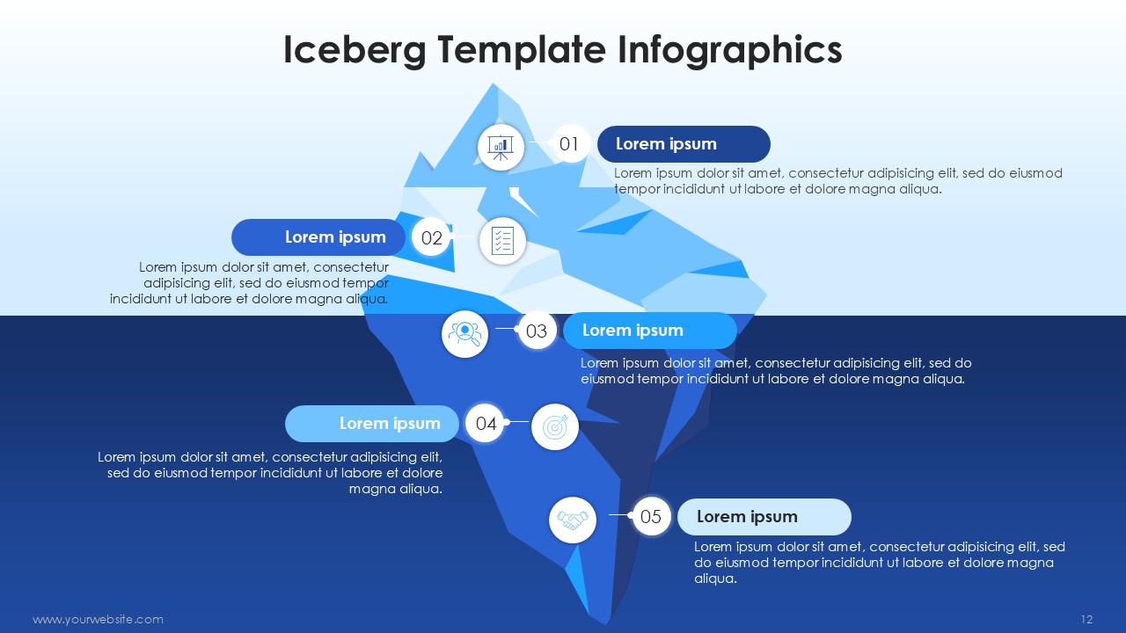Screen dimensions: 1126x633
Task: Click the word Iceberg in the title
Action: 355,50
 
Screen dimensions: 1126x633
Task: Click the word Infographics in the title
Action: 729,50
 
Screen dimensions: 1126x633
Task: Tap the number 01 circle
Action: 569,144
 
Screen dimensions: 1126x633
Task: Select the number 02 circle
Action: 431,237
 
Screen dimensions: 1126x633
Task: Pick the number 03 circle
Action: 537,331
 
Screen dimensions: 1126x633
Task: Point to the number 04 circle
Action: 486,424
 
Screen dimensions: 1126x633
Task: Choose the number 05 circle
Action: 651,516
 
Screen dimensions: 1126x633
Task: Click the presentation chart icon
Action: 501,148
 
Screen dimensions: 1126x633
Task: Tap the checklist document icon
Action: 502,241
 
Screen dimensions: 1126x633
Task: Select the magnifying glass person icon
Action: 465,334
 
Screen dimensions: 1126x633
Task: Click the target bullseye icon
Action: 555,427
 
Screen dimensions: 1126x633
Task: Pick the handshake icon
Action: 573,520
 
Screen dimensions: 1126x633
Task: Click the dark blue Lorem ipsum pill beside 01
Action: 684,144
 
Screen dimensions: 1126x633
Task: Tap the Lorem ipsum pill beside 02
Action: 318,237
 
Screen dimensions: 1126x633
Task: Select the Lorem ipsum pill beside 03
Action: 650,331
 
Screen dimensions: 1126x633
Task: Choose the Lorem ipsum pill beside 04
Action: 372,424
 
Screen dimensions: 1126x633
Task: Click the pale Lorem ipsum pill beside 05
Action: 764,516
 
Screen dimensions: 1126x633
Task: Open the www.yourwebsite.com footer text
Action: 98,619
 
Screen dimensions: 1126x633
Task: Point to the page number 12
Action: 1086,619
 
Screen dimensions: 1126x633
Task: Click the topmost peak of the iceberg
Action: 493,84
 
